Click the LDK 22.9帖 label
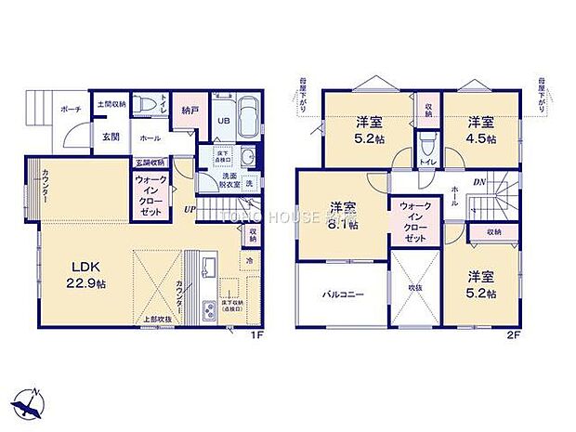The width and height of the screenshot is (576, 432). tap(81, 276)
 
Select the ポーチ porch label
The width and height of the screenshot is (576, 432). tap(71, 108)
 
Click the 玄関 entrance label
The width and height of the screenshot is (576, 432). tap(110, 137)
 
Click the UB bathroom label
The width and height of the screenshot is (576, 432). tap(223, 121)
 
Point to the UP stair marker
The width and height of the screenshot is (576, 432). tap(189, 209)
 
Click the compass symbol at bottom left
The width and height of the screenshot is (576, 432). tap(32, 401)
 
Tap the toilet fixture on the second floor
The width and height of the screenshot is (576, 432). tap(427, 145)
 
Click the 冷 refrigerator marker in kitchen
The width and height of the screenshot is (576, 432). tap(250, 262)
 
